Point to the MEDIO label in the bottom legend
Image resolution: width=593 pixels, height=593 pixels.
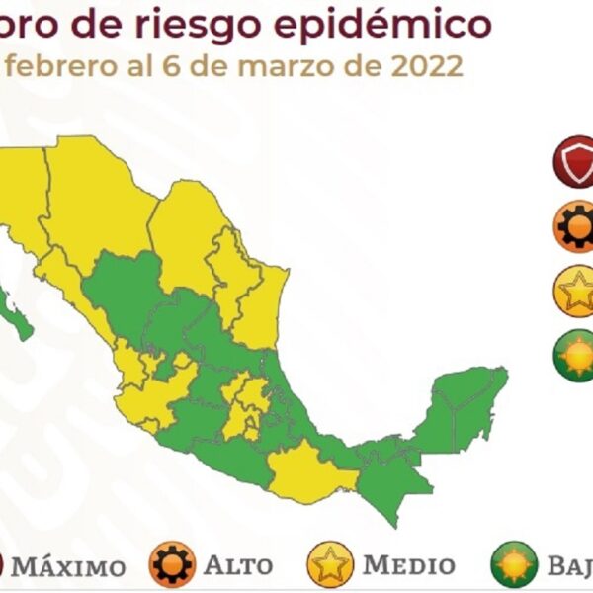(x=408, y=565)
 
